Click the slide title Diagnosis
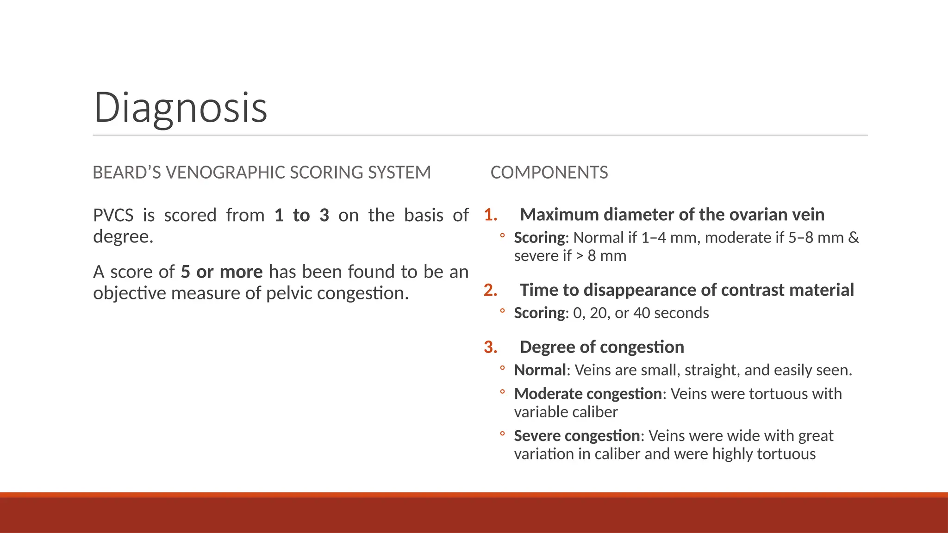181,107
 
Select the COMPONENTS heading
549,173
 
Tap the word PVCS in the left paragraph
113,216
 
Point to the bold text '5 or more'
221,272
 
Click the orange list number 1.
490,215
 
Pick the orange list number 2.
490,290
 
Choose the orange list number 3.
490,347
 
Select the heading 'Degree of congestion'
602,347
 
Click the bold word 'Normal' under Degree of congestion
540,370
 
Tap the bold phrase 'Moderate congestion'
588,394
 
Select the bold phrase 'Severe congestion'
577,436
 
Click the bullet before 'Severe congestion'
502,434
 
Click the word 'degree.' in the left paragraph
123,237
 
